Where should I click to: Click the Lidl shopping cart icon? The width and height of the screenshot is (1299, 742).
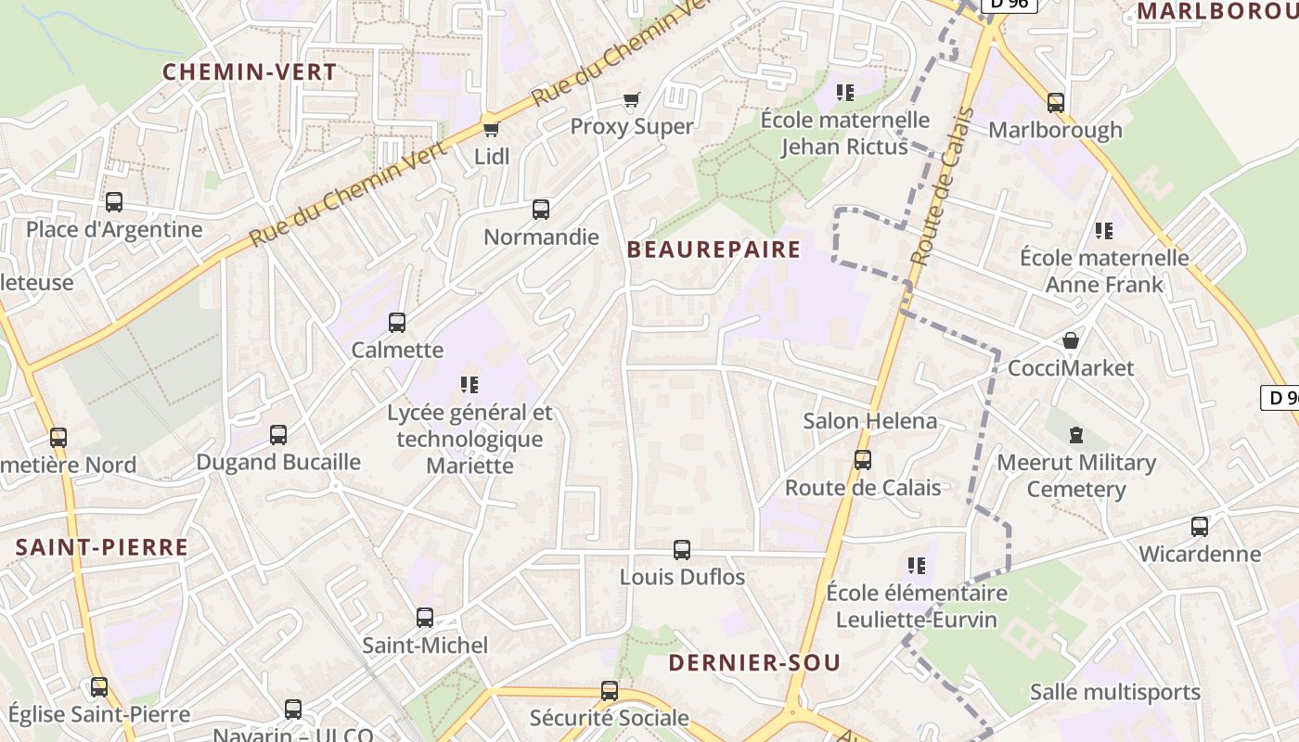(491, 127)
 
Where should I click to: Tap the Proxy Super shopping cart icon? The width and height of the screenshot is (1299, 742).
(632, 99)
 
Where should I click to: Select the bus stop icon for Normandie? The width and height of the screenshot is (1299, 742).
(541, 210)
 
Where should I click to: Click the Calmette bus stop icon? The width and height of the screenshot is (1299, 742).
(397, 323)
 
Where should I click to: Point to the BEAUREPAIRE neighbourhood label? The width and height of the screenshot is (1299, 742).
(714, 249)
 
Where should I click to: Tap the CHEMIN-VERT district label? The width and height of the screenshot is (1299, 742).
(250, 71)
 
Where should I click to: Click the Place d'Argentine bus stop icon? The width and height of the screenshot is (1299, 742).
(114, 202)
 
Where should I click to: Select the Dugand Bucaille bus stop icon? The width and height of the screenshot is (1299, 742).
(278, 434)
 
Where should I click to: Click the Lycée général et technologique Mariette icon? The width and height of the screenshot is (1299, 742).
(469, 384)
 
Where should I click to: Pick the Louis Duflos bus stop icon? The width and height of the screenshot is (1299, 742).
(682, 550)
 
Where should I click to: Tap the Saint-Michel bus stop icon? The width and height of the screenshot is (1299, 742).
(425, 618)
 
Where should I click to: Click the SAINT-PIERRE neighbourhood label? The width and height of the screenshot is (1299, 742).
(102, 547)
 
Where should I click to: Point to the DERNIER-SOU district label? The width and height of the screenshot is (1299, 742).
(754, 662)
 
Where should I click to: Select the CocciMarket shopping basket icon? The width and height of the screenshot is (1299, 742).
(1071, 341)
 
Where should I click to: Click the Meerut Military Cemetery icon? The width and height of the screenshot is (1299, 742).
(1076, 434)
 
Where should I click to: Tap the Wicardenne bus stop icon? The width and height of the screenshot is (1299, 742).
(1200, 527)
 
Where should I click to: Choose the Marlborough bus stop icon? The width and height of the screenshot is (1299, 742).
(1055, 102)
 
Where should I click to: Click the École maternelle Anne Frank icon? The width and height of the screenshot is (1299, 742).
(1104, 230)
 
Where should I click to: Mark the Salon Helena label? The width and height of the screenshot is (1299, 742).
(869, 421)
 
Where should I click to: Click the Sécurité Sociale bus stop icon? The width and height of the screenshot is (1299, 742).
(610, 691)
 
